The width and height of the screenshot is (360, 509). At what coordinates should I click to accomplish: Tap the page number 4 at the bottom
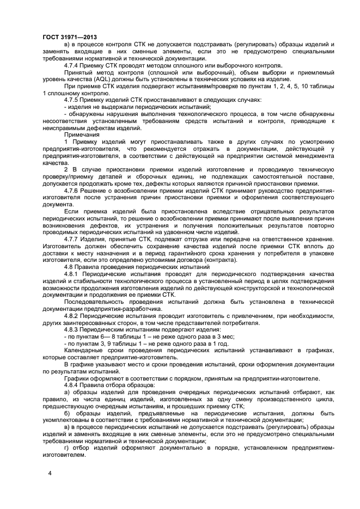(50, 473)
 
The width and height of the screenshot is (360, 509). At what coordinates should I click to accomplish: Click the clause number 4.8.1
(75, 275)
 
